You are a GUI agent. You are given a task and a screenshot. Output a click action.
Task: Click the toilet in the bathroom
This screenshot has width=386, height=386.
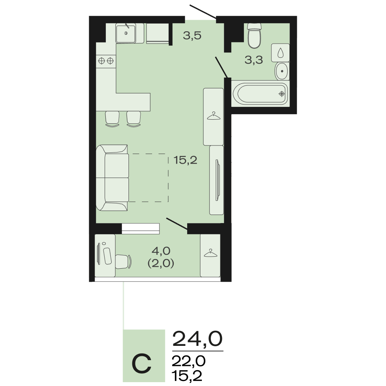[x=254, y=36]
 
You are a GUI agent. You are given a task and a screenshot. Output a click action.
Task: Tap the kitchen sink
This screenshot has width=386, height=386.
[x=126, y=33]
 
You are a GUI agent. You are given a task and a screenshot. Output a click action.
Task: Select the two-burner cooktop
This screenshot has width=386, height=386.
[x=106, y=61]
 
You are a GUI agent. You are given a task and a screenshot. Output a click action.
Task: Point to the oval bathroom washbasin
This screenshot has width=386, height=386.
[x=282, y=71]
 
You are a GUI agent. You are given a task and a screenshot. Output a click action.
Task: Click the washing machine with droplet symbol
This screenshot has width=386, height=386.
[x=280, y=52]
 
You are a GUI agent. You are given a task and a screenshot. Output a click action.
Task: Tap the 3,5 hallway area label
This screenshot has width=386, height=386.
[x=192, y=36]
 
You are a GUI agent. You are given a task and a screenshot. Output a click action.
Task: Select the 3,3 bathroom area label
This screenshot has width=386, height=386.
[x=254, y=60]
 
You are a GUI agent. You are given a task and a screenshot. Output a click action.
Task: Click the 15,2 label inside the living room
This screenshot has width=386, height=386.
[x=185, y=160]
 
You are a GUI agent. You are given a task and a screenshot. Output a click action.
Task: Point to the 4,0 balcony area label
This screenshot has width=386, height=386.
[x=161, y=251]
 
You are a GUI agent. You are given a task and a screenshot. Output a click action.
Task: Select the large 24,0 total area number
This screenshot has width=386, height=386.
[x=197, y=339]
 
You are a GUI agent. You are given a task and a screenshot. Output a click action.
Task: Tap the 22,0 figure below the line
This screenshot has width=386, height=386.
[x=189, y=361]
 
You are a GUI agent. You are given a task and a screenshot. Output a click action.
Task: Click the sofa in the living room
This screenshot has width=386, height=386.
[x=112, y=178]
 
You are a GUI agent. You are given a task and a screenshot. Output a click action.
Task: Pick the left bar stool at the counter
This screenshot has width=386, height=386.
[x=112, y=119]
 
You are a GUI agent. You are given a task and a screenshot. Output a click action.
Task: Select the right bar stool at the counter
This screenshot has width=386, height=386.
[x=134, y=119]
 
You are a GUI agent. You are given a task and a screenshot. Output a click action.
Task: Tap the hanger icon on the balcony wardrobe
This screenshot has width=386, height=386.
[x=210, y=253]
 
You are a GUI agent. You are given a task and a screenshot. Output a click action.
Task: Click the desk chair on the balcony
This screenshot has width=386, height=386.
[x=123, y=261]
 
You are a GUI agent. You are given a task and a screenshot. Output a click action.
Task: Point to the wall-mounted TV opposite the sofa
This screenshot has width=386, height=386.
[x=217, y=180]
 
